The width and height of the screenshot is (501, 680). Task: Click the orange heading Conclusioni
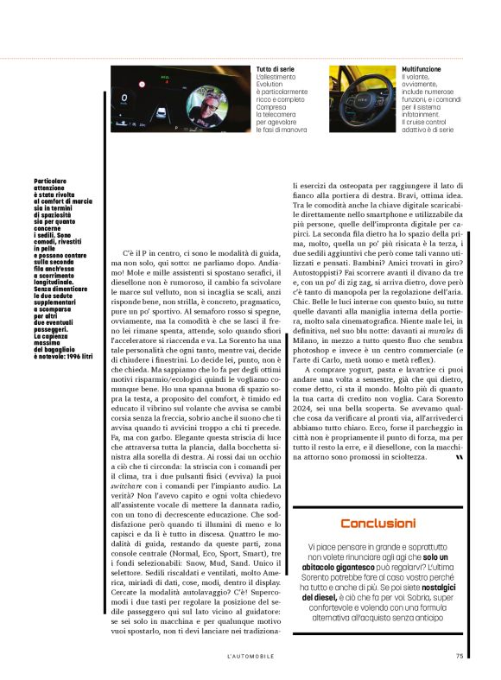click(x=378, y=524)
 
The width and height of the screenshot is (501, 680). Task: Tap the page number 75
click(x=460, y=655)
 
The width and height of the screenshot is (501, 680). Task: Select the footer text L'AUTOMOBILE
click(x=250, y=655)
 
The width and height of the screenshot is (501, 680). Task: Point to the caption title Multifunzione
click(x=422, y=68)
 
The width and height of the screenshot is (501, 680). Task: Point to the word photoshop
click(x=310, y=352)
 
